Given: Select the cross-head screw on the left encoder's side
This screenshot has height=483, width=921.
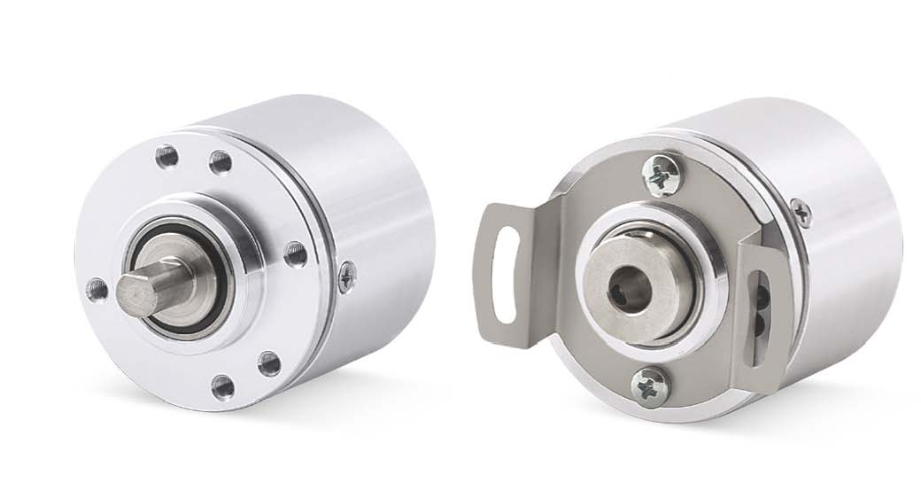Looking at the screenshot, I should point(347,277).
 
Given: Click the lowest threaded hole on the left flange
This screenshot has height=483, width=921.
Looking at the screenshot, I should point(223,386).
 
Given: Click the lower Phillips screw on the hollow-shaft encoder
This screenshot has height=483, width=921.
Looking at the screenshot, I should point(648,386).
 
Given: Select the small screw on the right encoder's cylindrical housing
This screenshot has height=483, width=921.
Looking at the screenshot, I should point(801,212).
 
